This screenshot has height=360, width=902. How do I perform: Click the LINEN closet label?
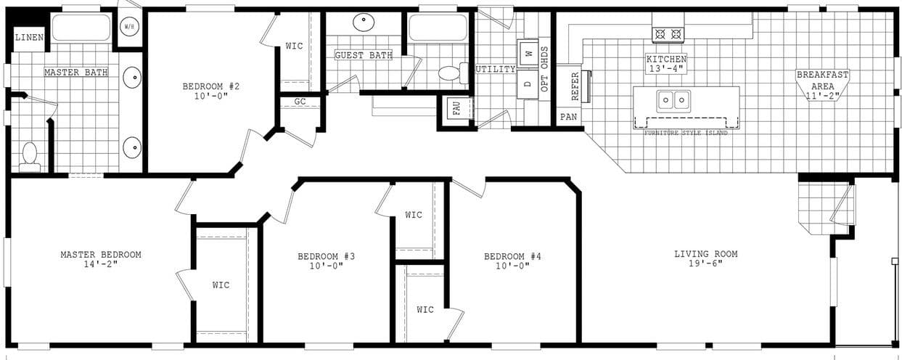[29, 38]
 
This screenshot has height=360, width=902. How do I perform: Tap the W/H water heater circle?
[129, 28]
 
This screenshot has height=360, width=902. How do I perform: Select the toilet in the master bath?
[30, 156]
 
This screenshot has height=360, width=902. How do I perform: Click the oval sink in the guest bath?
[364, 22]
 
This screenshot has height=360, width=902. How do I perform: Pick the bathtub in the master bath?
[81, 28]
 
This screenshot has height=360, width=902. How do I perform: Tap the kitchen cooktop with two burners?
[668, 34]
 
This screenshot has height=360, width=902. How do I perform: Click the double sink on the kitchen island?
[673, 100]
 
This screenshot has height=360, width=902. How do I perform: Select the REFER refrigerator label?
[575, 86]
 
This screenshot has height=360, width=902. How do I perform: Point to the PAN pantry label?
[568, 117]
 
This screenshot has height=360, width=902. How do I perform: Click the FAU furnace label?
[456, 109]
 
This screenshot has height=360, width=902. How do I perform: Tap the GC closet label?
[300, 102]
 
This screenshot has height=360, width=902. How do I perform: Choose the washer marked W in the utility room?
[528, 53]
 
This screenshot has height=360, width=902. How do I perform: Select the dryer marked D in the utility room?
[528, 83]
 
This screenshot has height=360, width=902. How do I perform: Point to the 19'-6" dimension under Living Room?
[705, 263]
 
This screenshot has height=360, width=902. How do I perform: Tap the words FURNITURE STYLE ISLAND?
[686, 133]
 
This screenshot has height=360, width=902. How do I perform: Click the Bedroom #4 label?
[513, 256]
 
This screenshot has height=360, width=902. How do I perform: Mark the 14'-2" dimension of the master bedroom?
[101, 263]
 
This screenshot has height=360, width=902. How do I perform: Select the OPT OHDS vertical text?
[544, 68]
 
